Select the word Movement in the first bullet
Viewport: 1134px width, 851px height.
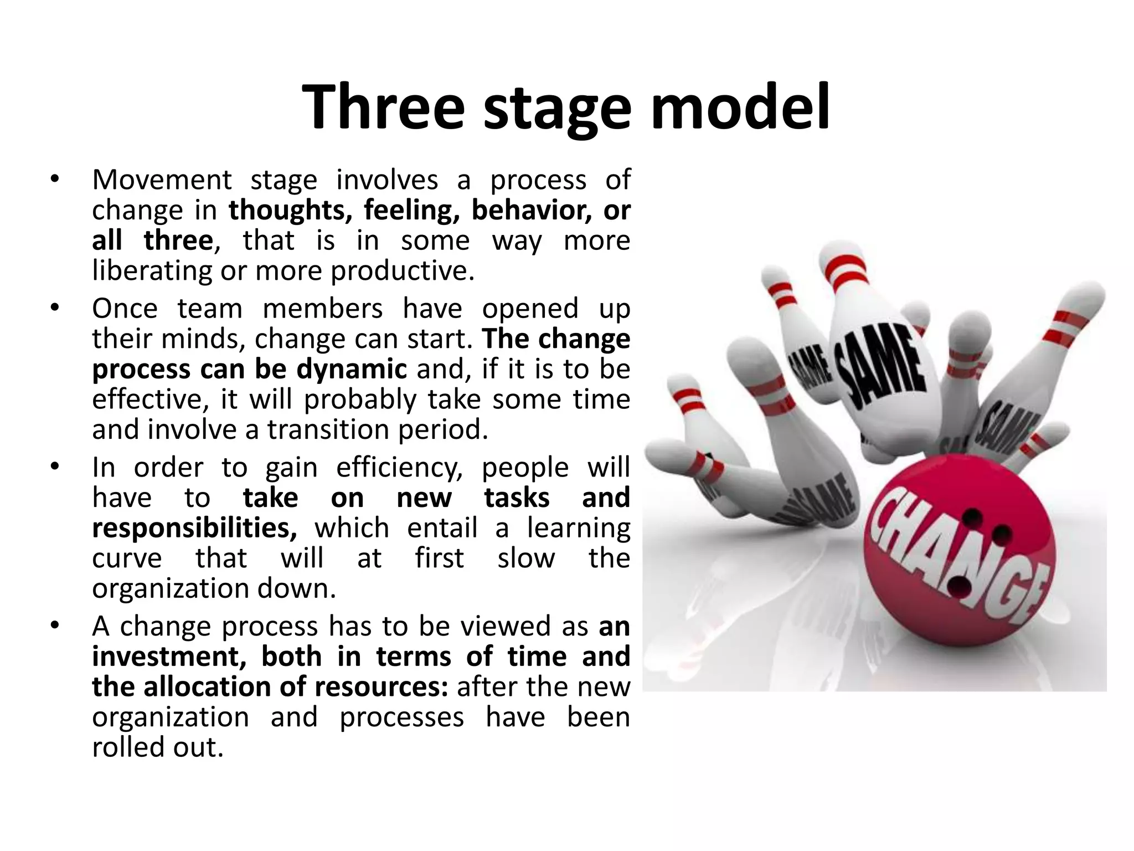pyautogui.click(x=162, y=180)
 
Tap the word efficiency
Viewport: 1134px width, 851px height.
pyautogui.click(x=399, y=468)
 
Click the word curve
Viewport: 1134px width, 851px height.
pyautogui.click(x=127, y=558)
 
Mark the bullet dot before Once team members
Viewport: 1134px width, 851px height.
pyautogui.click(x=54, y=307)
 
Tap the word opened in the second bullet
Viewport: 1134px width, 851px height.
pyautogui.click(x=530, y=309)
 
